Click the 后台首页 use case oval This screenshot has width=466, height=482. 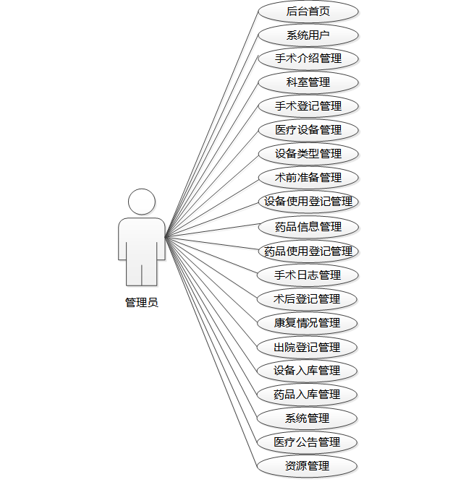308,11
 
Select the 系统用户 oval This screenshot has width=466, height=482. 308,35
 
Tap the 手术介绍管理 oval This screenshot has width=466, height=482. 308,59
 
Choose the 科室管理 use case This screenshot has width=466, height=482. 308,82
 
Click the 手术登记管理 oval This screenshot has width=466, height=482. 308,106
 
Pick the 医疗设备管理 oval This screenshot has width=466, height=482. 308,130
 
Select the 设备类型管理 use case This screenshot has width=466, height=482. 308,154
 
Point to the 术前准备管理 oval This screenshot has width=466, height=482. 308,178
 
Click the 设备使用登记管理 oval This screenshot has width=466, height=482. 308,202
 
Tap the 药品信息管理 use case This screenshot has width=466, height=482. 308,227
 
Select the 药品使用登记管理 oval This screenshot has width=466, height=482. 308,251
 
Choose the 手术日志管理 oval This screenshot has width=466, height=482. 308,275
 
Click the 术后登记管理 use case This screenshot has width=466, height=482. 308,299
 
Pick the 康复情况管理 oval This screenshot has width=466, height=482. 308,323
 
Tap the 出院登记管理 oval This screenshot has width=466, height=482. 308,348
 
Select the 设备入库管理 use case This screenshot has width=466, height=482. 308,371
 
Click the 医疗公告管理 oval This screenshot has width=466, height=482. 308,442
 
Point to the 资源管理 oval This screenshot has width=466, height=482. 308,466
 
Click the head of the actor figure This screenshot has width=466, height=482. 141,202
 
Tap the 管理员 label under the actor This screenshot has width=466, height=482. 141,303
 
